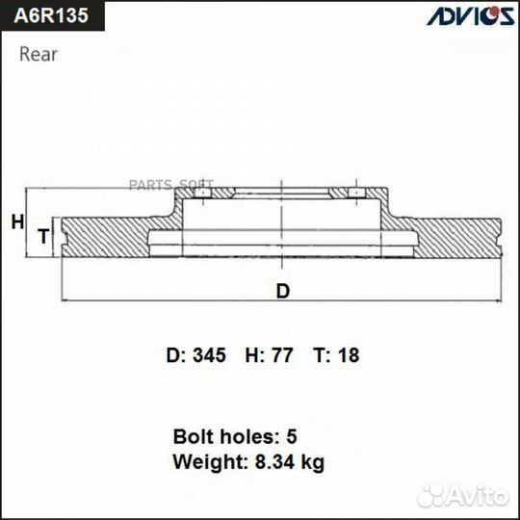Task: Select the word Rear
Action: (39, 54)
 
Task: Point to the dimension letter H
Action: (17, 222)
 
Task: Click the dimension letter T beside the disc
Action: (42, 236)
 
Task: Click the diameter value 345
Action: (209, 355)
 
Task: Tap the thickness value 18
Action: (349, 355)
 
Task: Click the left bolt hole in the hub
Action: (202, 195)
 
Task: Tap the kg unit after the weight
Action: (312, 462)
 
